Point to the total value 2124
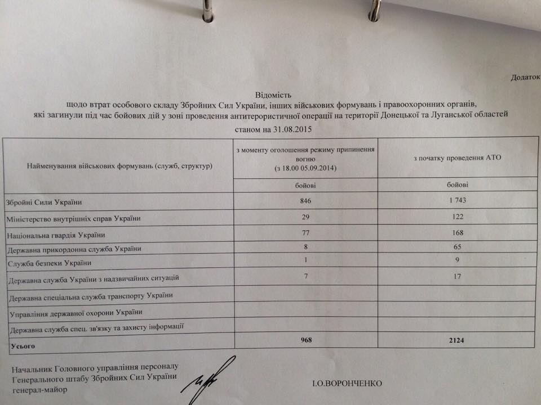pos(456,341)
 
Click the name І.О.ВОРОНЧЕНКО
pos(347,384)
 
